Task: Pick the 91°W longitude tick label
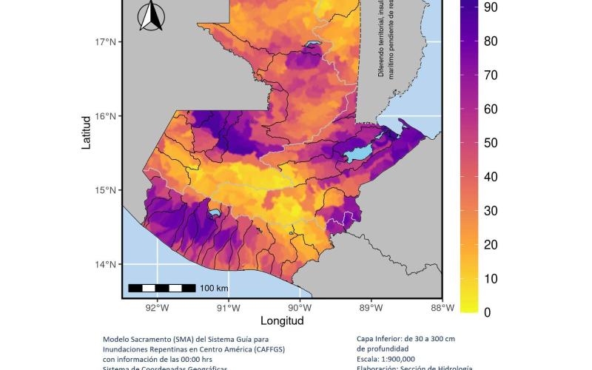229,308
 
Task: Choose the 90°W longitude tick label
300,308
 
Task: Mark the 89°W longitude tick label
371,308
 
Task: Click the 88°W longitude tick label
442,308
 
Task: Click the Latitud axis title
87,132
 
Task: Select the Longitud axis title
282,321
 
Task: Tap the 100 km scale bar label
214,288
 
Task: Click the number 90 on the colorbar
491,7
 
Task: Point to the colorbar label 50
491,143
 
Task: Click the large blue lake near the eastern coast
357,155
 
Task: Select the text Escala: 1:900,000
385,359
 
